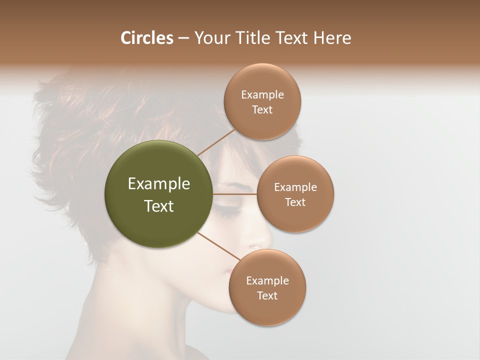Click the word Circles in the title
[146, 38]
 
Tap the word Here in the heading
[332, 38]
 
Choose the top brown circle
[262, 101]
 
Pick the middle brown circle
[295, 194]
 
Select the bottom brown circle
[267, 287]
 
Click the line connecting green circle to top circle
[216, 142]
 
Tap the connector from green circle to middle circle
[235, 194]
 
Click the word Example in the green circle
[159, 184]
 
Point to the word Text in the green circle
[159, 206]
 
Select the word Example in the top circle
[262, 95]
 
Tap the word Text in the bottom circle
[267, 295]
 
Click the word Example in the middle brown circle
[295, 187]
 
